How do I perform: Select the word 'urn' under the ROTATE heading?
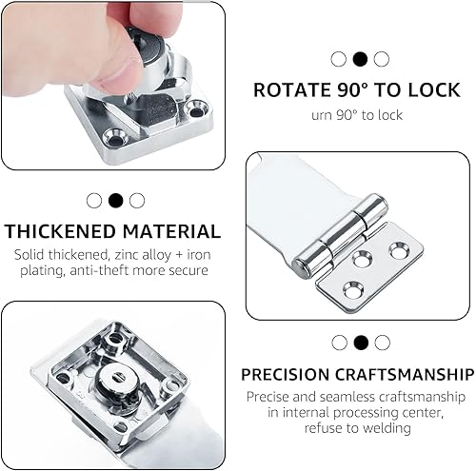pyautogui.click(x=322, y=115)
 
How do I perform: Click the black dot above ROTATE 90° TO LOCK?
pyautogui.click(x=360, y=59)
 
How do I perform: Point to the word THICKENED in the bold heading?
pyautogui.click(x=60, y=231)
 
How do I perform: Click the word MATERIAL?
pyautogui.click(x=171, y=231)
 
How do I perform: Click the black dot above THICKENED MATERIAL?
pyautogui.click(x=115, y=201)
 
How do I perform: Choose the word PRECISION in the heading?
pyautogui.click(x=286, y=375)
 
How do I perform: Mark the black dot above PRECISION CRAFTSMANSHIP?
pyautogui.click(x=361, y=343)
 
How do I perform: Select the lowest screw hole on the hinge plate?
pyautogui.click(x=353, y=290)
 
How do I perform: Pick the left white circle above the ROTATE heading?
pyautogui.click(x=338, y=59)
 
